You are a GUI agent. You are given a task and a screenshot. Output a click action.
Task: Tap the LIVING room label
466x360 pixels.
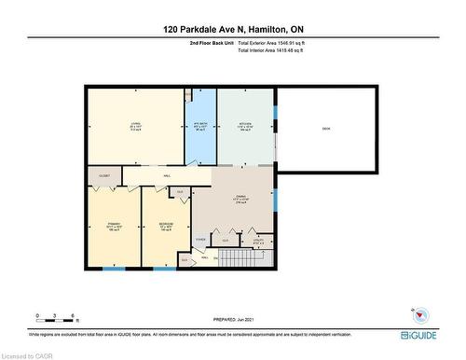(135, 127)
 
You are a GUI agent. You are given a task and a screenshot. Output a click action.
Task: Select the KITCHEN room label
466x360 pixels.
(246, 126)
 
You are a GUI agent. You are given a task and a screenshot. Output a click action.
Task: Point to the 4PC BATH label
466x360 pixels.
(199, 126)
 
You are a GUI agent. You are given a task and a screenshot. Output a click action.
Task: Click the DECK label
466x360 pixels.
(325, 128)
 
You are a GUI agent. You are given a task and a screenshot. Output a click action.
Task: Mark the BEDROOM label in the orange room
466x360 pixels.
(166, 224)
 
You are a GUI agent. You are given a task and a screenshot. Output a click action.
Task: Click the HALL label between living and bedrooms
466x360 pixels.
(167, 174)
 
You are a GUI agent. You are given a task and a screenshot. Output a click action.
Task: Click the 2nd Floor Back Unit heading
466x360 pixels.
(211, 43)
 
